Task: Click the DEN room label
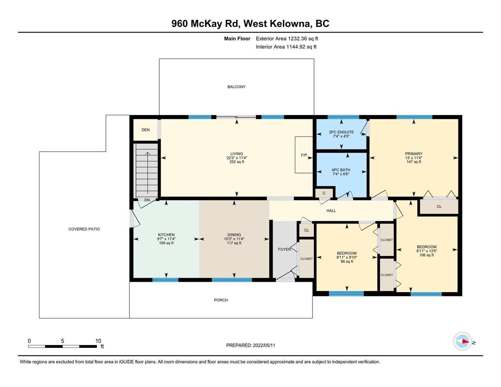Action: click(x=145, y=130)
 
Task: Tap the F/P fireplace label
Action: click(x=304, y=155)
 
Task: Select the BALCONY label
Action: click(x=236, y=87)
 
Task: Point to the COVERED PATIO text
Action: click(x=84, y=229)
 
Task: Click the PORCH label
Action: click(x=221, y=300)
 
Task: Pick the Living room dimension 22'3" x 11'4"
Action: click(x=236, y=158)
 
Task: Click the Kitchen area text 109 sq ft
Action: click(x=166, y=243)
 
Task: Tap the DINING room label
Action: click(x=234, y=235)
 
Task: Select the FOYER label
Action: click(x=284, y=249)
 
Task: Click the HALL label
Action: click(x=331, y=211)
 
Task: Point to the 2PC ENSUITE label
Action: click(x=341, y=132)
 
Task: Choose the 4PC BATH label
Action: click(x=341, y=170)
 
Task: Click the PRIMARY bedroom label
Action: click(x=414, y=154)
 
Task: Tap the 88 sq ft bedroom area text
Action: click(x=347, y=261)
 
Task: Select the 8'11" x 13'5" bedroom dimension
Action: click(x=426, y=251)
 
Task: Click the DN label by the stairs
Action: click(x=147, y=200)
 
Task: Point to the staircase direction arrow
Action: click(x=147, y=173)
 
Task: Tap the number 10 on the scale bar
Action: click(x=98, y=341)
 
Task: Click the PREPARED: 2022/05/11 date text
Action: click(x=251, y=345)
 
